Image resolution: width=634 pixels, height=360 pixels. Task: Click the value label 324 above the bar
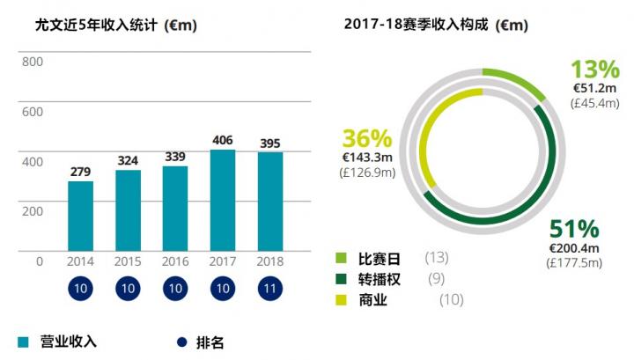pos(129,161)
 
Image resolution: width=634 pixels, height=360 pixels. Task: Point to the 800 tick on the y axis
pos(32,62)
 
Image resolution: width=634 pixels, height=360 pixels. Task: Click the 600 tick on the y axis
pos(32,112)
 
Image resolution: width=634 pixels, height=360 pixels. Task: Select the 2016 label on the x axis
pos(175,262)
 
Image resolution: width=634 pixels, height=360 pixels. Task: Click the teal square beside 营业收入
pos(23,342)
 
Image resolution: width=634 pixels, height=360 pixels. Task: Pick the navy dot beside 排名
pos(182,342)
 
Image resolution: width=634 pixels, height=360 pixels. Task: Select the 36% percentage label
pos(367,139)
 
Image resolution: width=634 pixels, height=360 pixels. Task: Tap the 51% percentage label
pos(573,230)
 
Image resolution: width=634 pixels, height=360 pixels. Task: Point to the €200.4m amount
pos(573,248)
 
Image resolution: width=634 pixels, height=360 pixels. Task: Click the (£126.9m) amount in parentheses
pos(367,173)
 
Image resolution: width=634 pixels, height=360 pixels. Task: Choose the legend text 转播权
pos(379,279)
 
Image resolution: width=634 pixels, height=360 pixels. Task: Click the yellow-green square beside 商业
pos(342,301)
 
